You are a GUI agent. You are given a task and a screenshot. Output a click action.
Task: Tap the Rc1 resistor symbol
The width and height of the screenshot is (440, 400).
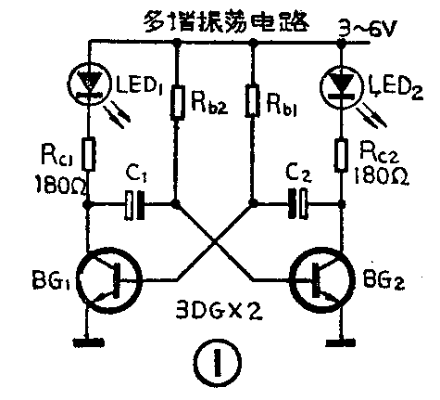tap(89, 153)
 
